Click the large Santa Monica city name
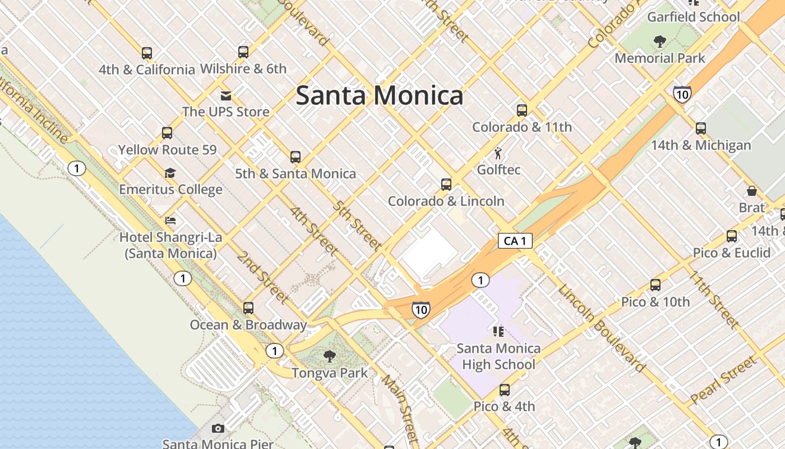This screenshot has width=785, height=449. coord(380,95)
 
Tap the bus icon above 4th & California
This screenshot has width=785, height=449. coord(147,53)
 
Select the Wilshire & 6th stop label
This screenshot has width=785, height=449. coord(243,69)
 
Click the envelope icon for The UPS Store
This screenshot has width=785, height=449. coord(226,95)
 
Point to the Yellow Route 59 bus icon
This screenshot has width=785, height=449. coord(167,133)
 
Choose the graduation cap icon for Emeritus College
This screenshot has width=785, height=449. coord(170,173)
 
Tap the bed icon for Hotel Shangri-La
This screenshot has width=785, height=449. coord(170,221)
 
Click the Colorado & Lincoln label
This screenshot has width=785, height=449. coord(446,201)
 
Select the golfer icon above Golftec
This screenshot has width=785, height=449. coord(498,153)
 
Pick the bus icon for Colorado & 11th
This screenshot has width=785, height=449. coord(522,111)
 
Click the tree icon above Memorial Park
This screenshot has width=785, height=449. coord(659,41)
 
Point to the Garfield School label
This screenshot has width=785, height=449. coord(693,17)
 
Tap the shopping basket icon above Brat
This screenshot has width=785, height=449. coord(752,191)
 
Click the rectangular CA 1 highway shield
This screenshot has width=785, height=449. coord(515,241)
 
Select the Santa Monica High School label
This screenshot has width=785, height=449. coord(498,356)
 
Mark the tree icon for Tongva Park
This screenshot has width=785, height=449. coord(330,356)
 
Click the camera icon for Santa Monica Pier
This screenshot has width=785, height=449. coord(218,429)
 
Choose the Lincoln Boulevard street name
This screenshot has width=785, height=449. coord(601,328)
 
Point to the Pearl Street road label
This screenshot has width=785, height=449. coord(723,380)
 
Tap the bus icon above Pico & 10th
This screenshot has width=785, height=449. coord(655,285)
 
